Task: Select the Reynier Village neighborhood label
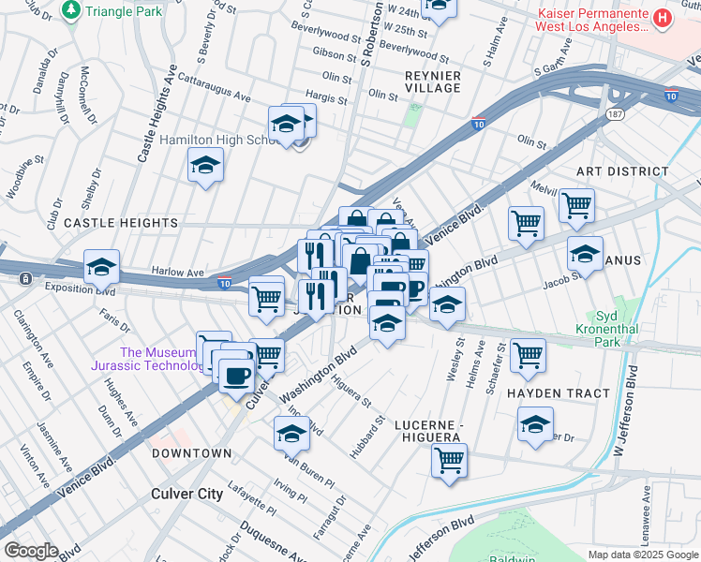[x=419, y=81]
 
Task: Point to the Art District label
[x=622, y=171]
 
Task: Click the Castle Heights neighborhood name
[x=120, y=223]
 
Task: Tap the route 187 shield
[x=614, y=113]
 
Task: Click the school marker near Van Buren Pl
[x=291, y=434]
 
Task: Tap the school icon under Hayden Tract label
[x=535, y=424]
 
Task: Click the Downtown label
[x=191, y=453]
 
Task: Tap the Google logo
[x=30, y=551]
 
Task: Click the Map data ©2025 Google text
[x=643, y=555]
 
